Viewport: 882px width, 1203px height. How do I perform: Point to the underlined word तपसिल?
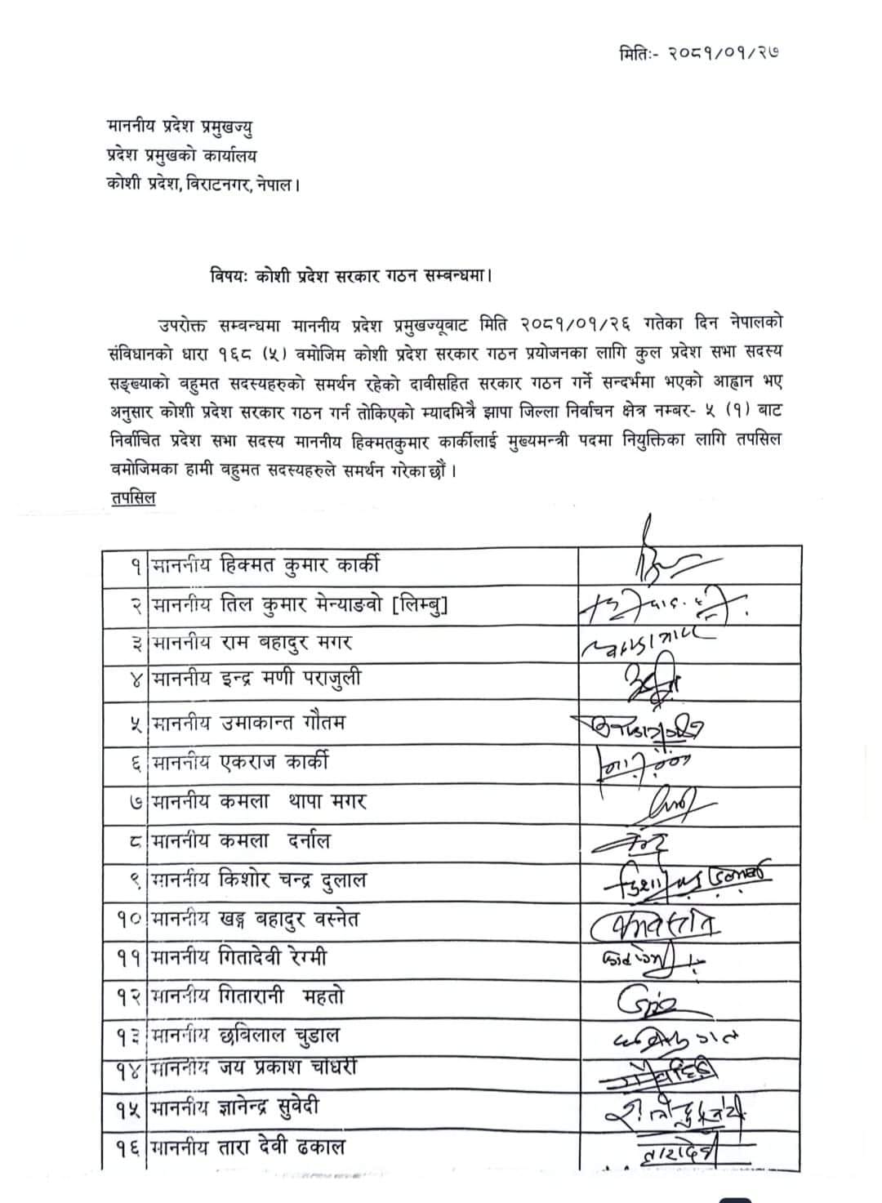click(131, 497)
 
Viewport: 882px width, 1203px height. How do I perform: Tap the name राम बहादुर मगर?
click(287, 644)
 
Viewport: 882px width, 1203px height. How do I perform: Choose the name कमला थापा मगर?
click(294, 801)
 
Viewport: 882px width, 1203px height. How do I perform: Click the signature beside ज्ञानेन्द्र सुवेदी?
click(678, 1112)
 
